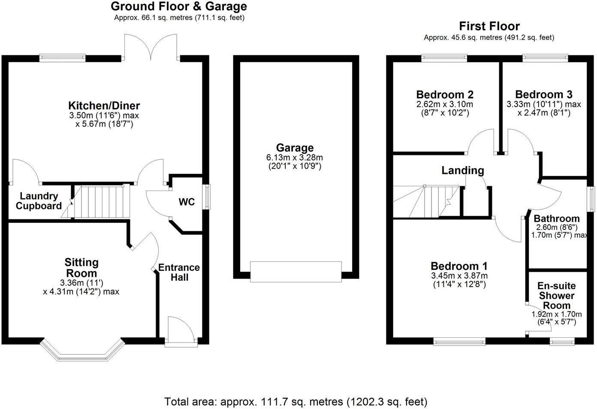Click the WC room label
tap(187, 202)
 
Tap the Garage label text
tap(295, 148)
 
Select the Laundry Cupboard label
tap(39, 201)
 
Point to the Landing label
tap(463, 170)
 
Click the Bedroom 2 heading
tap(445, 94)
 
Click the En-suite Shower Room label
tap(557, 296)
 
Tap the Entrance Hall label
tap(179, 272)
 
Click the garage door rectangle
tap(296, 271)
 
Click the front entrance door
tap(181, 331)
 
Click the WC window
tap(208, 197)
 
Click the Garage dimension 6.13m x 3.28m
tap(295, 158)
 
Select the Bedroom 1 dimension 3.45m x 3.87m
tap(459, 276)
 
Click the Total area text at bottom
tap(296, 402)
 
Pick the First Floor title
tap(489, 26)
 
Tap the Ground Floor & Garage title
tap(179, 6)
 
